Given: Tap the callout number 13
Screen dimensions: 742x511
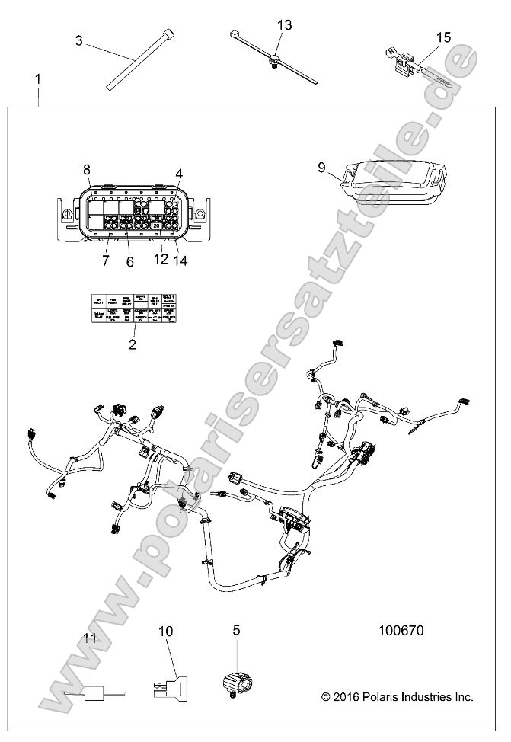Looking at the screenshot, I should (284, 25).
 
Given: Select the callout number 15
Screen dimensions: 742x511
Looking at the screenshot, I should (444, 37).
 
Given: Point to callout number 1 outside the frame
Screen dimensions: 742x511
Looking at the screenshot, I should (38, 79).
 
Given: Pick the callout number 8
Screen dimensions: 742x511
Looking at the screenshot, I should (87, 169).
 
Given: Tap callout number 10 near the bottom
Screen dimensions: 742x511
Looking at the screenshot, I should (166, 632).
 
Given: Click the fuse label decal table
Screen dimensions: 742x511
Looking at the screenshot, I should (134, 311).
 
